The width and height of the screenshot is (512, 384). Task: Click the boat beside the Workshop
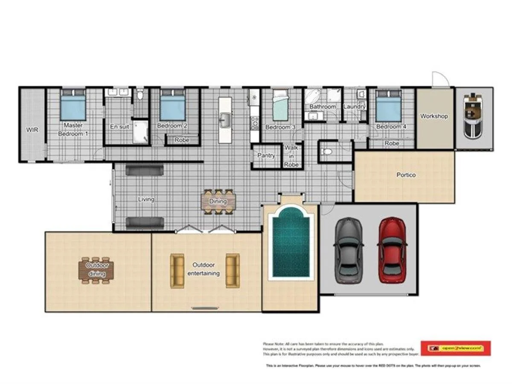click(x=474, y=113)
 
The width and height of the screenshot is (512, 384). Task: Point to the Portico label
click(x=406, y=175)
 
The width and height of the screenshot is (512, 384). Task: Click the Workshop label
click(x=434, y=116)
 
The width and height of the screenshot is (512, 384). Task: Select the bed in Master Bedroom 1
click(x=73, y=105)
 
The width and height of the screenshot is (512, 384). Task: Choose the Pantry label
click(x=266, y=156)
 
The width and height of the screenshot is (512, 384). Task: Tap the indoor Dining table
click(x=218, y=201)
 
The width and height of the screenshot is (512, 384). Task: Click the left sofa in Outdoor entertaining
click(x=177, y=271)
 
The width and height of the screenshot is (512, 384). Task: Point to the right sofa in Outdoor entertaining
click(x=233, y=270)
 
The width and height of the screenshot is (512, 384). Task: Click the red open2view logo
click(x=456, y=348)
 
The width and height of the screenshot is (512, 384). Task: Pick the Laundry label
click(x=354, y=107)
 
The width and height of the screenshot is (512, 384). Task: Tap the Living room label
click(x=146, y=199)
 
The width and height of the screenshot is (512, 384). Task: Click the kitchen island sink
click(x=225, y=118)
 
